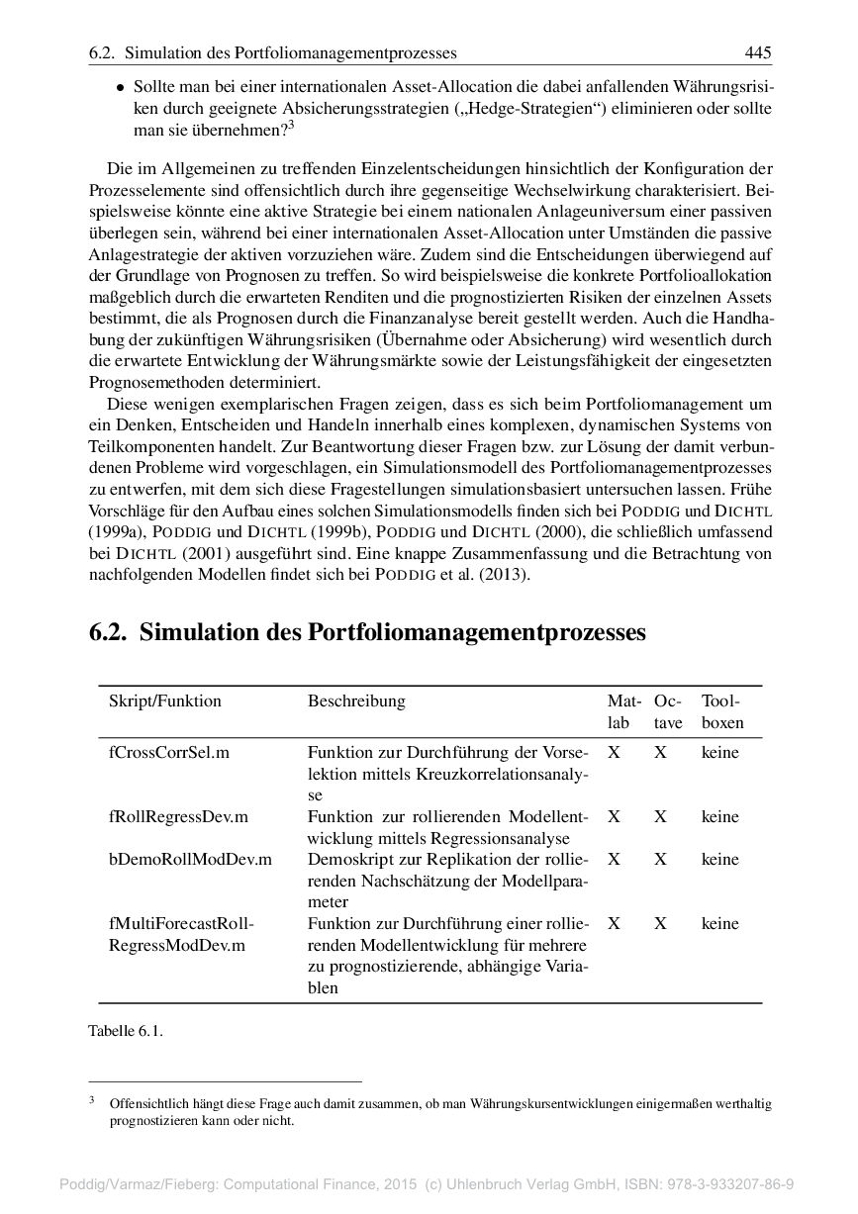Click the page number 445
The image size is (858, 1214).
click(758, 51)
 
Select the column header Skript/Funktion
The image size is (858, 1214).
click(164, 701)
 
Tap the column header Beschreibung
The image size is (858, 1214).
click(356, 701)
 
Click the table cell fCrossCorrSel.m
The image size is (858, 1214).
click(168, 753)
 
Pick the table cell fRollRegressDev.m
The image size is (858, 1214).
click(178, 817)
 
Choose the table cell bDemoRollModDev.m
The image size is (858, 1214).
click(190, 860)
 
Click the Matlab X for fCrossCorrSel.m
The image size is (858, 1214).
click(615, 753)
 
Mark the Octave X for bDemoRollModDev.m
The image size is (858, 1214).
click(660, 860)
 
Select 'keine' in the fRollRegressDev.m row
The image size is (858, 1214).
click(719, 817)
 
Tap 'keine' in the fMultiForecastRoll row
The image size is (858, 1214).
click(719, 924)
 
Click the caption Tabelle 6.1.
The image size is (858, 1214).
click(126, 1031)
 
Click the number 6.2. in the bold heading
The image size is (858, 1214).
click(108, 633)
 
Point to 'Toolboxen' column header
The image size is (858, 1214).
click(721, 712)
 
